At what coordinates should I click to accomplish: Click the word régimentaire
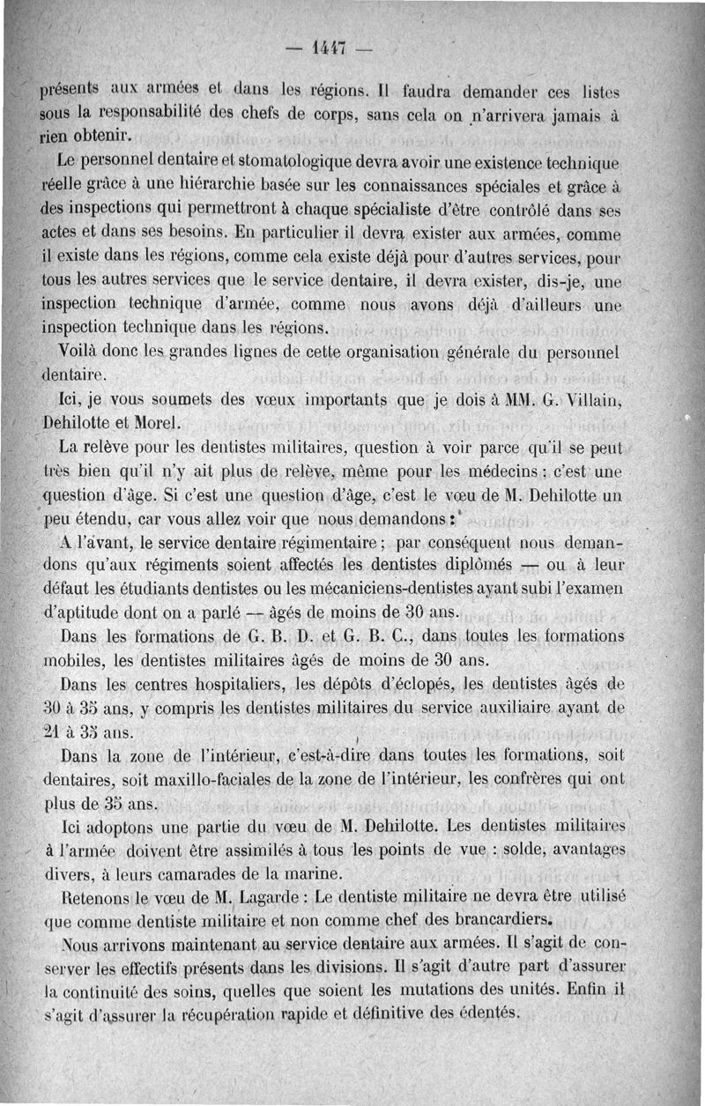tap(305, 539)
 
